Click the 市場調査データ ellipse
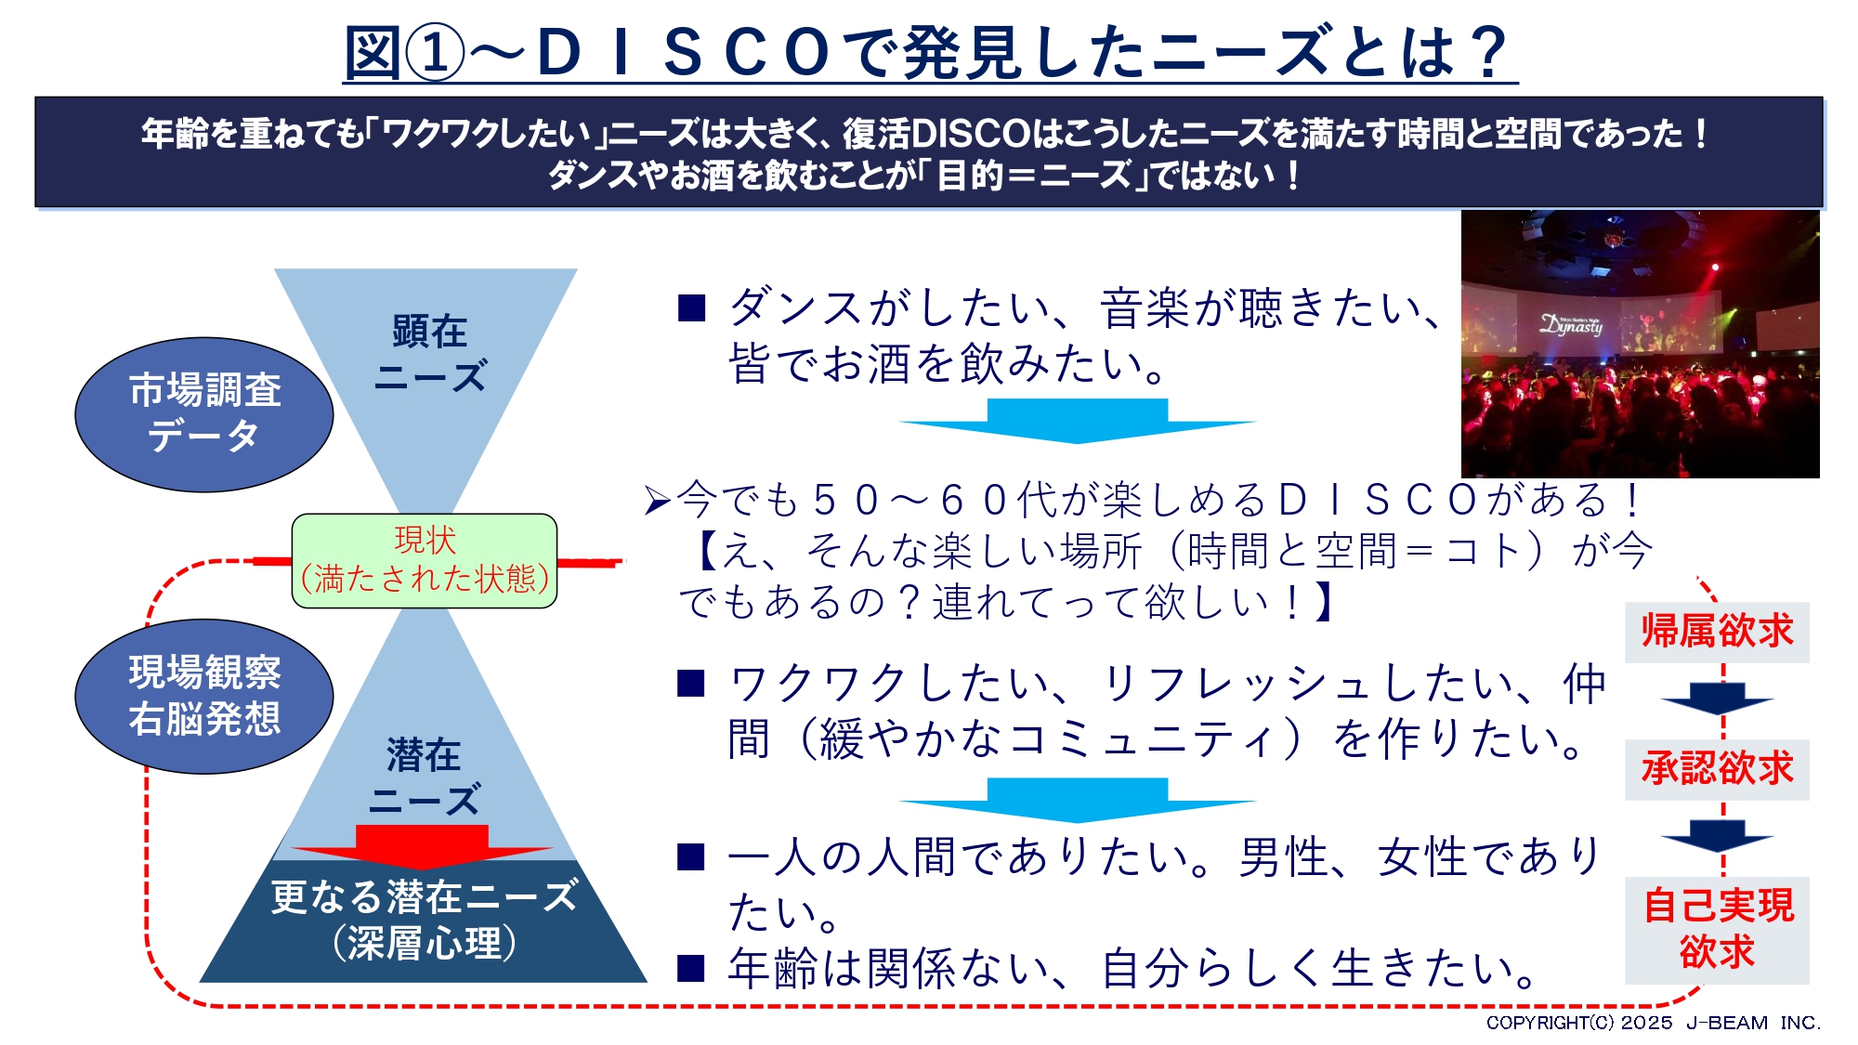coord(204,414)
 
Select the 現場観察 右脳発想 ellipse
coord(204,696)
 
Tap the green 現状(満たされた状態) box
coord(425,560)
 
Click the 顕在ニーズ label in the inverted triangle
coord(429,354)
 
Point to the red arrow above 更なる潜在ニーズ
coord(423,843)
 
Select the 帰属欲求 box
coord(1717,632)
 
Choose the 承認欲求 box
coord(1717,769)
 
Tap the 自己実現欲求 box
coord(1717,929)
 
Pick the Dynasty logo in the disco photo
coord(1572,324)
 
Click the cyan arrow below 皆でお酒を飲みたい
coord(1078,420)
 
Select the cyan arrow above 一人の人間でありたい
coord(1078,799)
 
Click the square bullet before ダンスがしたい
coord(691,307)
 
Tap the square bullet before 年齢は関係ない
coord(691,968)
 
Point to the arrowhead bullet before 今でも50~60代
coord(657,502)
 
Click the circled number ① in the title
coord(434,53)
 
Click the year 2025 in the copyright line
coord(1646,1023)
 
